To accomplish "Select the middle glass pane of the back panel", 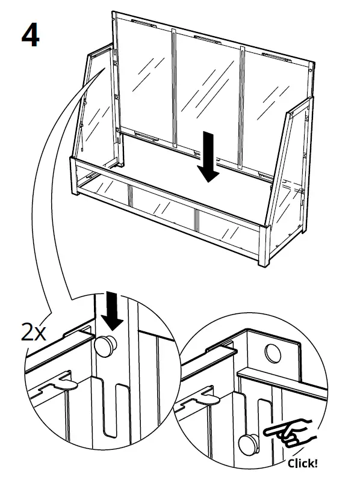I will (208, 96).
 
